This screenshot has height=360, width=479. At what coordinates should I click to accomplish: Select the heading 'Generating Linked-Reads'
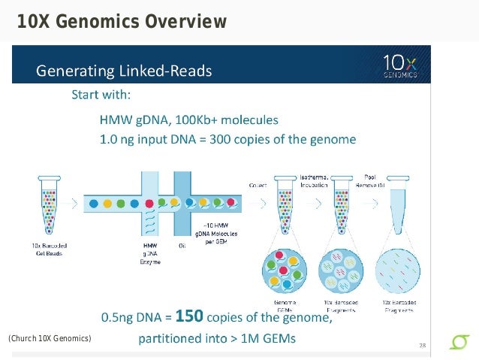click(125, 72)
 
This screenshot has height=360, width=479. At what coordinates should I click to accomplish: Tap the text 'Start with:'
click(101, 95)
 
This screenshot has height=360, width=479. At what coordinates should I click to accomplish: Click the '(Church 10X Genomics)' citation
click(50, 339)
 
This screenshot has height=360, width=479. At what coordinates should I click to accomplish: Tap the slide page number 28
click(423, 345)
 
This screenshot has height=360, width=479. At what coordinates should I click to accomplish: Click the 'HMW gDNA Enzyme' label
click(151, 253)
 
